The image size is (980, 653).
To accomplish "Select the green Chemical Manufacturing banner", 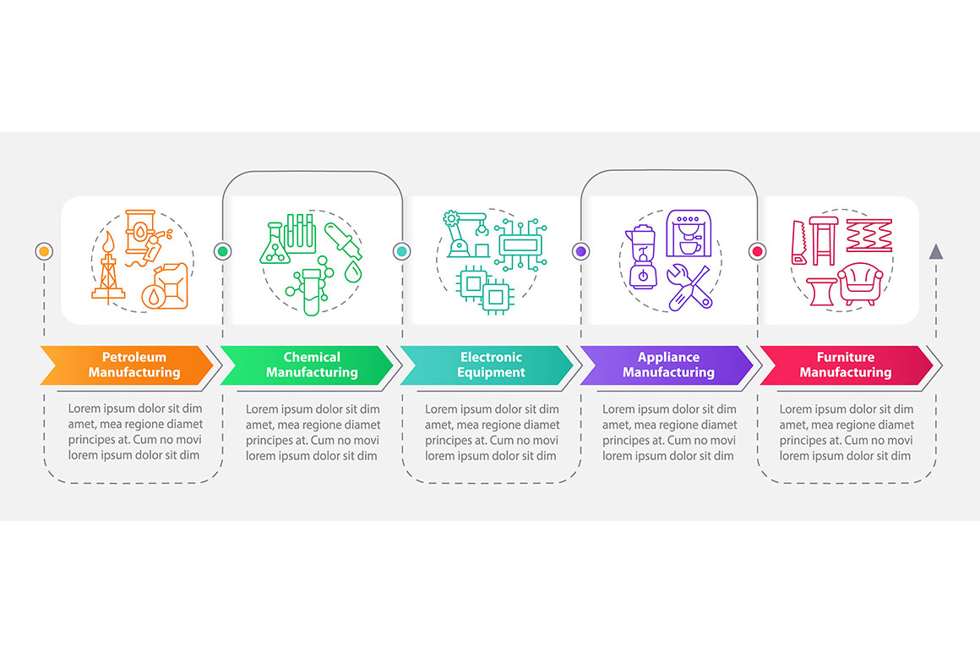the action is click(x=306, y=365).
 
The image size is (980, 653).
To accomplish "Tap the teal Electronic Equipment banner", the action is click(x=487, y=365).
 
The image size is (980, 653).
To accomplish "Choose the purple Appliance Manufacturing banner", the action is click(x=667, y=365).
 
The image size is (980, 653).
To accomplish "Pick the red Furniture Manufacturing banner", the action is click(x=846, y=365).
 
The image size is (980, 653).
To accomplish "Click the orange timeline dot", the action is click(x=44, y=251).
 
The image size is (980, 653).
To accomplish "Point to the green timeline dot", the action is click(x=222, y=251).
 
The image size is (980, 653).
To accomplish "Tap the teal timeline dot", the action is click(x=402, y=251).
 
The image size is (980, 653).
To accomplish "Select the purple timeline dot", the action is click(x=580, y=251).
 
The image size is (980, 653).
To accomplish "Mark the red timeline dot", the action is click(x=758, y=251).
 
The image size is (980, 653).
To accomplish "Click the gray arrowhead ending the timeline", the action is click(x=935, y=251).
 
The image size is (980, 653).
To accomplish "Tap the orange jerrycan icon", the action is click(x=165, y=287).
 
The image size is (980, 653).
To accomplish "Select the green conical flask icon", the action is click(x=275, y=243).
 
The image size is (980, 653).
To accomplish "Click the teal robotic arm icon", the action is click(x=465, y=234).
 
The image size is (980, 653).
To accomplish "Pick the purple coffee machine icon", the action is click(x=689, y=233).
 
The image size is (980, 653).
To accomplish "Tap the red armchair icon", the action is click(x=860, y=284).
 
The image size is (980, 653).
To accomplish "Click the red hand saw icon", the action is click(x=799, y=242).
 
